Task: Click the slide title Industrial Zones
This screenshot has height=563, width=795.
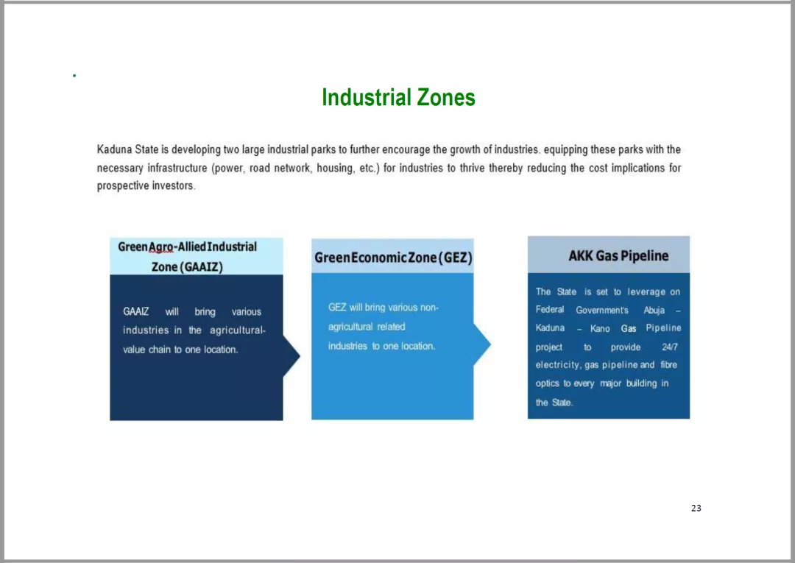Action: (398, 97)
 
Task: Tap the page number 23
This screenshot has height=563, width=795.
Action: (696, 508)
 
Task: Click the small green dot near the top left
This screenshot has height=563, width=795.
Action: (74, 76)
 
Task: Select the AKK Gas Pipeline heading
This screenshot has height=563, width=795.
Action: (618, 256)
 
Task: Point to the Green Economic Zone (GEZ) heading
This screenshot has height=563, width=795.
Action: (393, 258)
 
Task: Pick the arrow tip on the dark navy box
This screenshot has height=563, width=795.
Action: (300, 355)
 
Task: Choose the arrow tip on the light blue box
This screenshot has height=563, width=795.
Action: (490, 344)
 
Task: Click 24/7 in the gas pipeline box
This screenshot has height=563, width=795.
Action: (669, 347)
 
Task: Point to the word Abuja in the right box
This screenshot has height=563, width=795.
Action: (654, 310)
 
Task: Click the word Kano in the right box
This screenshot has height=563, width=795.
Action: (600, 328)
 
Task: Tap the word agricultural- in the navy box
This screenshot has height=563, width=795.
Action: (238, 330)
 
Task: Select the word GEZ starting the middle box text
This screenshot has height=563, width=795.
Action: (337, 307)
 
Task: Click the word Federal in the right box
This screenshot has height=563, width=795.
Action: (550, 310)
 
